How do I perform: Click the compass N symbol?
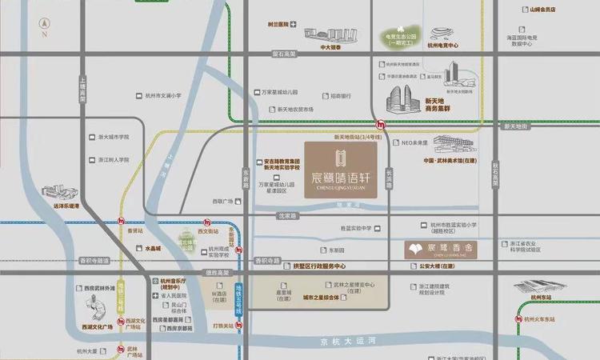pyautogui.click(x=45, y=29)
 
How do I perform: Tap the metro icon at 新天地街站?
pyautogui.click(x=382, y=124)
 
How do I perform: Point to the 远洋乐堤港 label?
pyautogui.click(x=66, y=206)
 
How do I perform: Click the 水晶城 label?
pyautogui.click(x=153, y=249)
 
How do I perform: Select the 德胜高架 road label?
pyautogui.click(x=217, y=273)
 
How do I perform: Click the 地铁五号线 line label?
pyautogui.click(x=238, y=299)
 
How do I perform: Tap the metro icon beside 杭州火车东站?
pyautogui.click(x=517, y=318)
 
